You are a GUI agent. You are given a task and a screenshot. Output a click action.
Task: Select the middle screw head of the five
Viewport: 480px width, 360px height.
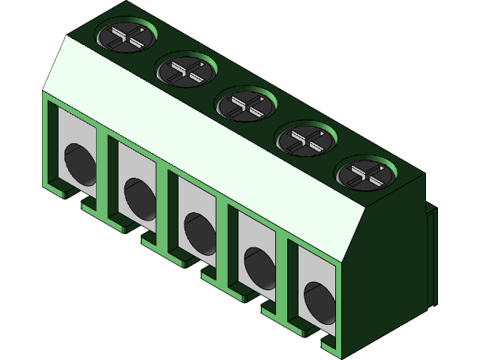coord(247,105)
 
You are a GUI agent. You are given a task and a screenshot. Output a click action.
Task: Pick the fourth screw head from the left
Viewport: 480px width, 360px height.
coord(307,139)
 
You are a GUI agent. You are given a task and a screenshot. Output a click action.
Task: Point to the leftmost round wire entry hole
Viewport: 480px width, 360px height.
coord(78,164)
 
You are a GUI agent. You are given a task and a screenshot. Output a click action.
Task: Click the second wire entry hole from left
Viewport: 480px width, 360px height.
coord(138,197)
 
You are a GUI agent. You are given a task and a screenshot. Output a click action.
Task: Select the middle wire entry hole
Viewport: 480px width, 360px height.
coord(198,232)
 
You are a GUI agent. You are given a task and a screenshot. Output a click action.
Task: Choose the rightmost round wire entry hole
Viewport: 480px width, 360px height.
coord(319,301)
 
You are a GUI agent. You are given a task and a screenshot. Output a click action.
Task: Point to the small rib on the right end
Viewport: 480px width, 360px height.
coord(430,255)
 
